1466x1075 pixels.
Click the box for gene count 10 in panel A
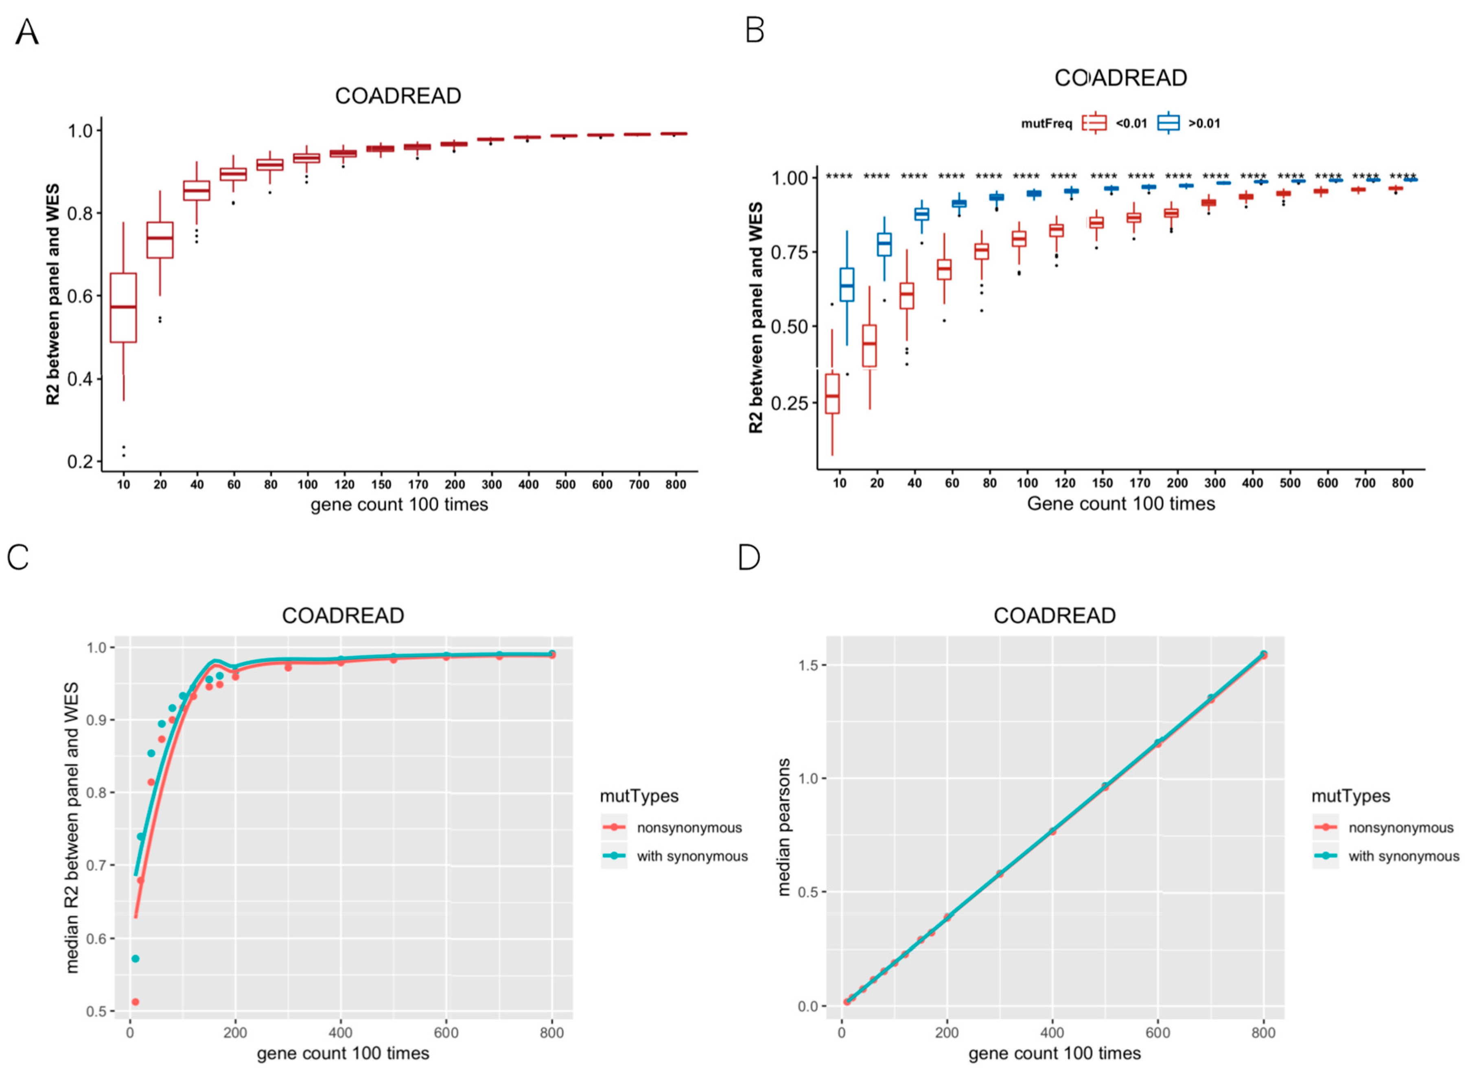point(123,307)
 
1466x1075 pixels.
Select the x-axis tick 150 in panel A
point(381,484)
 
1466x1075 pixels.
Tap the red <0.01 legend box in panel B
point(1094,123)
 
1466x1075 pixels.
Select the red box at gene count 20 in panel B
point(869,345)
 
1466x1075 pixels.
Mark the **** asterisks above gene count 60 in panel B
point(951,176)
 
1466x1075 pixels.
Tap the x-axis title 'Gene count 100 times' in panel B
point(1120,504)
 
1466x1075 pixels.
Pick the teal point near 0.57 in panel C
point(136,959)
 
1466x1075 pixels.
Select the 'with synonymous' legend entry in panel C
point(691,857)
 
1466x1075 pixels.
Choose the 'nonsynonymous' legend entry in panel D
point(1400,828)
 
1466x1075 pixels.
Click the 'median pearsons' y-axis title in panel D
point(784,827)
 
